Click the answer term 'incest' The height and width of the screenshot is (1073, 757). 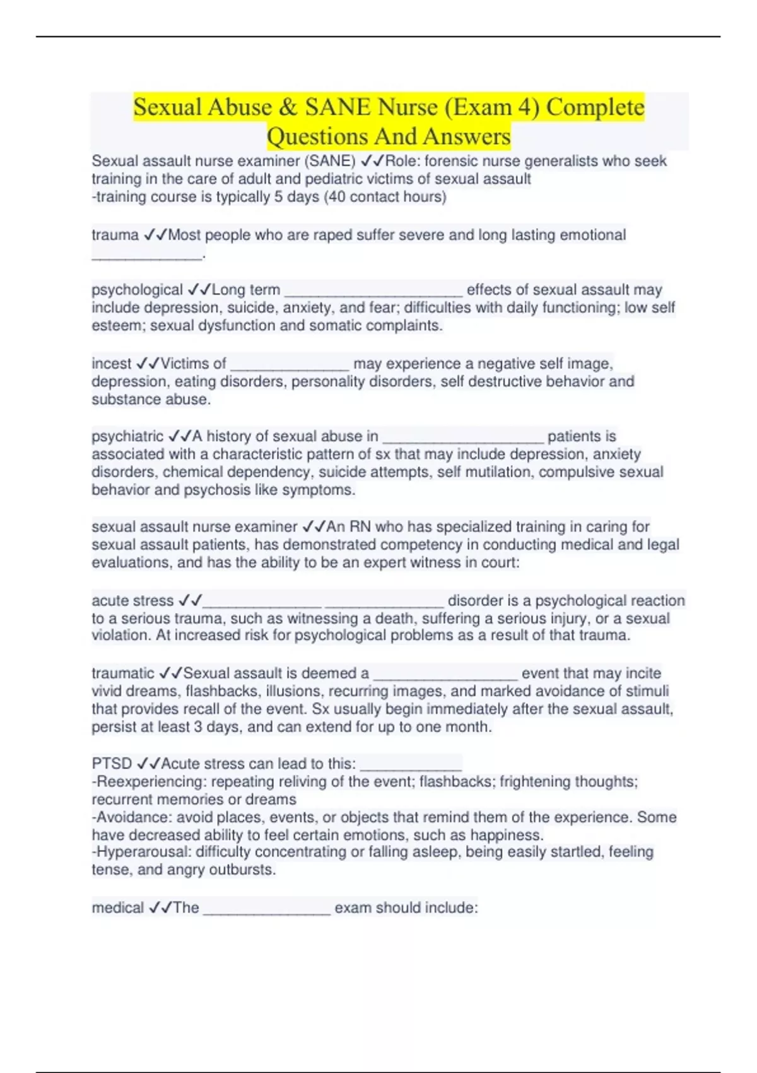(x=111, y=364)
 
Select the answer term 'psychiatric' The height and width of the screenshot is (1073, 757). (x=127, y=436)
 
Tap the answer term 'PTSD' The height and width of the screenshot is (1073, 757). (x=112, y=764)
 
